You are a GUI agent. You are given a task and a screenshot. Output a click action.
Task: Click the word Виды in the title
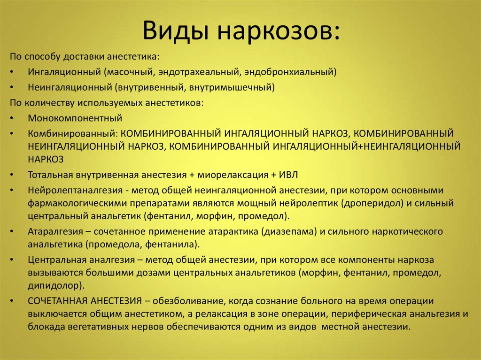[x=176, y=31]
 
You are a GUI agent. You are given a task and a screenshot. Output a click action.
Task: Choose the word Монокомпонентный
[x=75, y=118]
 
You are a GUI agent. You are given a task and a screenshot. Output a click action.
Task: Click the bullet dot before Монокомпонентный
[x=12, y=118]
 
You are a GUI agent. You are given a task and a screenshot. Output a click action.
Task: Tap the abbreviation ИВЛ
[x=288, y=175]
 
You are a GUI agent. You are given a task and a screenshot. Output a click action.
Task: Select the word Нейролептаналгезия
[x=76, y=191]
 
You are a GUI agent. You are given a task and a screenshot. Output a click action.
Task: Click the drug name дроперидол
[x=372, y=203]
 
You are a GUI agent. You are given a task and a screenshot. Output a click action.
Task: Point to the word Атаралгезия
[x=55, y=231]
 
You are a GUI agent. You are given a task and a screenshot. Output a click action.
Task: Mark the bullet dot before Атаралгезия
[x=12, y=231]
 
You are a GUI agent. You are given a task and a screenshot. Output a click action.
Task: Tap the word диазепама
[x=289, y=231]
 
